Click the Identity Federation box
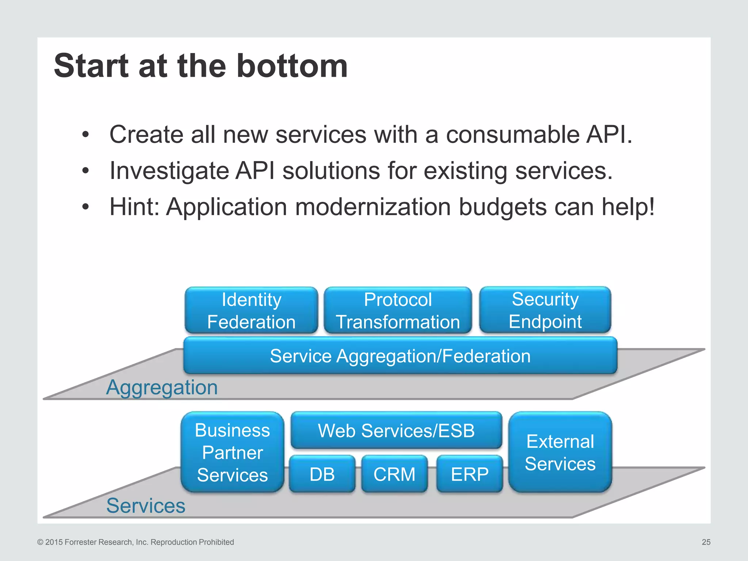point(251,310)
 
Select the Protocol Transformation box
point(398,310)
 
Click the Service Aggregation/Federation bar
point(400,356)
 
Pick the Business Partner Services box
point(232,452)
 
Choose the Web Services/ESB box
point(396,430)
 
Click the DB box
point(322,474)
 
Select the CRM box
point(394,474)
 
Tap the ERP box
point(469,474)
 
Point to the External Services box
point(560,452)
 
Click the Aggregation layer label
point(162,387)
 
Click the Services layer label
point(146,505)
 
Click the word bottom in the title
point(292,66)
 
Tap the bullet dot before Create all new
point(85,135)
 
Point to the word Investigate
point(168,171)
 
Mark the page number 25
point(706,542)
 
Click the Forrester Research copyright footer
point(136,542)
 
